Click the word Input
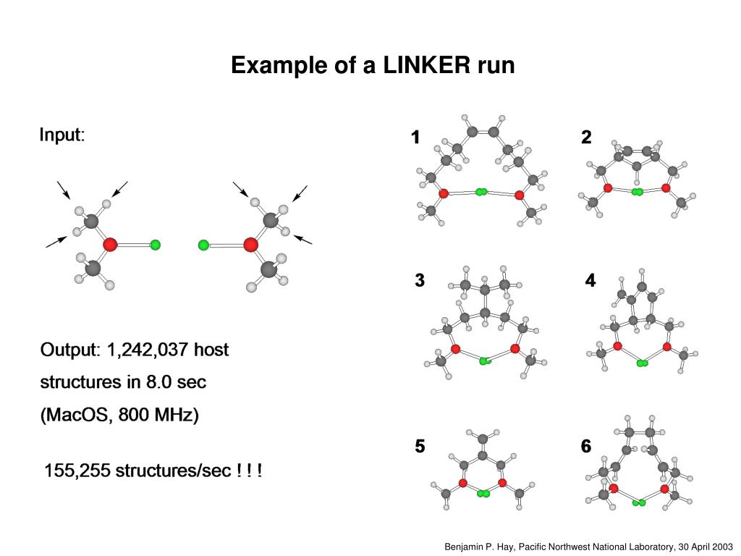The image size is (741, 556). point(62,135)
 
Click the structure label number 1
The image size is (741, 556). point(415,137)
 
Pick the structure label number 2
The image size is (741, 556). point(586,137)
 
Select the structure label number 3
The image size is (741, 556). point(420,281)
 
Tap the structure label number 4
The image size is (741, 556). point(590,281)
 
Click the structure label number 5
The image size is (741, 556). point(420,447)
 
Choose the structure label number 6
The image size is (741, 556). point(586,447)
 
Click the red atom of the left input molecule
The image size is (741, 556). point(110,245)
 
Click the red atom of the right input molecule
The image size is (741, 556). point(250,245)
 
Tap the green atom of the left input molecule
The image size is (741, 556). point(155,245)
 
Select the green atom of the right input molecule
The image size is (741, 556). point(203,245)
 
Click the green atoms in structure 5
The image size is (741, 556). point(482,494)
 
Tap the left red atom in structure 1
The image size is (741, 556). point(443,193)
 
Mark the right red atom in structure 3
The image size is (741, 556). point(515,349)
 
